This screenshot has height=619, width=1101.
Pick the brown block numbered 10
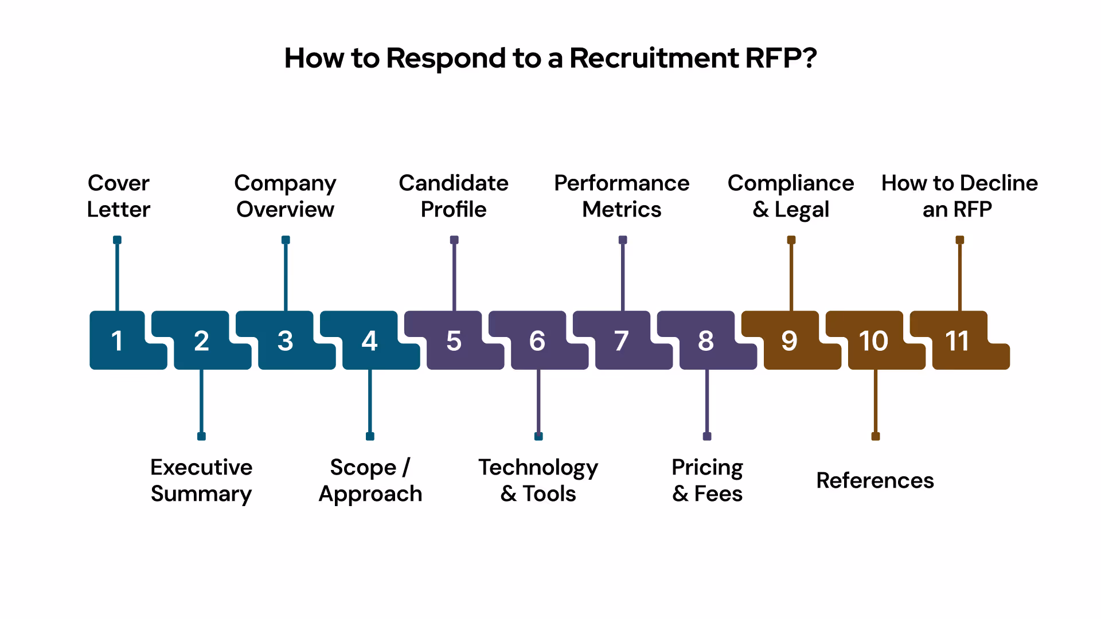point(874,340)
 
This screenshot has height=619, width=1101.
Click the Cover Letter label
point(118,196)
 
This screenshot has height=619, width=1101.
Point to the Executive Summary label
point(201,480)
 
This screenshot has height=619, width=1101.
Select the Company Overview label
point(285,196)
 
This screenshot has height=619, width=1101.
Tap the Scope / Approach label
point(370,480)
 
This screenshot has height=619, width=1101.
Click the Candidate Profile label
point(454,196)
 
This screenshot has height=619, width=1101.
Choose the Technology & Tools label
point(538,480)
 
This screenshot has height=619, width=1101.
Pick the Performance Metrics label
point(622,196)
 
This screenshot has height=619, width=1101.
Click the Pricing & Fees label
point(707,480)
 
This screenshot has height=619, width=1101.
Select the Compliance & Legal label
point(791,196)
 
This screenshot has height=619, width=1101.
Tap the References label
point(875,480)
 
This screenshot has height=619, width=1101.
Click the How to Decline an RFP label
point(959,196)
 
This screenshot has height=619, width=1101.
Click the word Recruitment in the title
point(654,58)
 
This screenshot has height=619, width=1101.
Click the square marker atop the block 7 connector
point(623,240)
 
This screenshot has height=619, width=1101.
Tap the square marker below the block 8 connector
point(707,436)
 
